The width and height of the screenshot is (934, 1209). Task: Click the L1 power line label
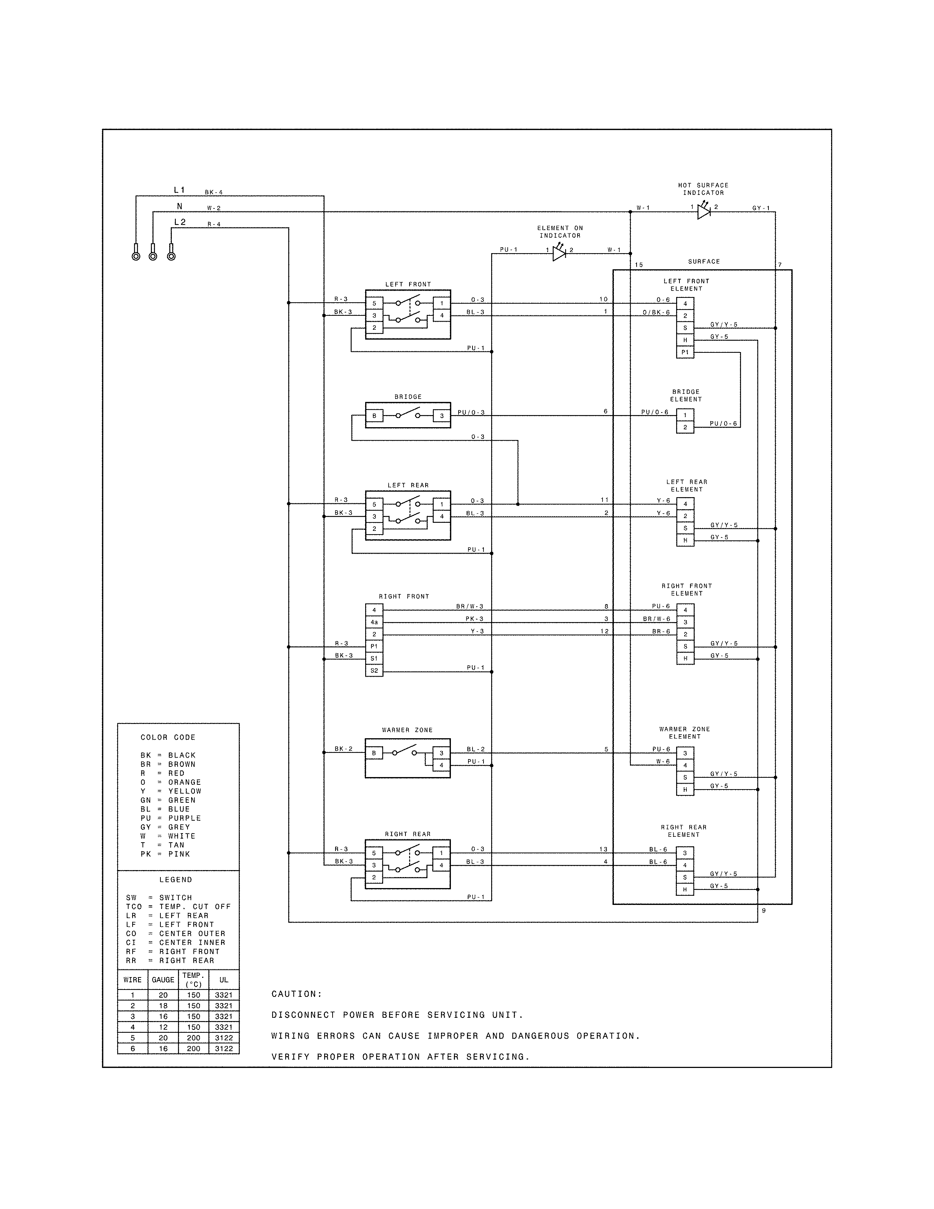[179, 190]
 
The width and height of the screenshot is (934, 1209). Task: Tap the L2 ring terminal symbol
[171, 255]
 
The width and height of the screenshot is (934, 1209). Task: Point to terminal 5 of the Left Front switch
[374, 303]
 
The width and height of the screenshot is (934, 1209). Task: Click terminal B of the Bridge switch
[374, 416]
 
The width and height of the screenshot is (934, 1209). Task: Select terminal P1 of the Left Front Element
[685, 352]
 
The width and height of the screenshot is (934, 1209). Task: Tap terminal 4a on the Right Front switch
[374, 622]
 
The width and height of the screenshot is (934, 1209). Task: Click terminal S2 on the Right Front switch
[374, 671]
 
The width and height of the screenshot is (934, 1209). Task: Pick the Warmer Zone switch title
[407, 730]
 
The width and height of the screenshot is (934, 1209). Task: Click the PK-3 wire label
[474, 619]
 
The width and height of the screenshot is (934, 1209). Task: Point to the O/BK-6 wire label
[656, 312]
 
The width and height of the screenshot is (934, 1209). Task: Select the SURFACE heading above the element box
[704, 261]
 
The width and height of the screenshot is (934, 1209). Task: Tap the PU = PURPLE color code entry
[170, 818]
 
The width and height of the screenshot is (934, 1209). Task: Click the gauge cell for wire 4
[163, 1027]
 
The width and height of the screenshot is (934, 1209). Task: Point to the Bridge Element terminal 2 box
[685, 427]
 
